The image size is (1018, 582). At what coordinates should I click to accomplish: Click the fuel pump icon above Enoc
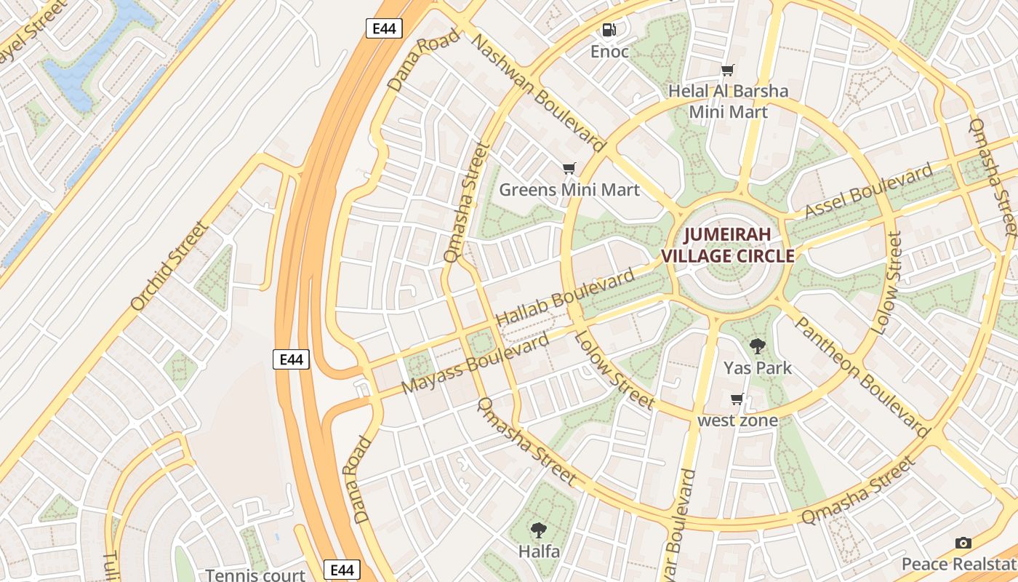609,30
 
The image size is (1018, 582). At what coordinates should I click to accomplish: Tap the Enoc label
609,52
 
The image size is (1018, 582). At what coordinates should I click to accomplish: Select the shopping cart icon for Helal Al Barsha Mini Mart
727,71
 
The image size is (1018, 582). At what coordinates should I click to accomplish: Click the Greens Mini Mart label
569,190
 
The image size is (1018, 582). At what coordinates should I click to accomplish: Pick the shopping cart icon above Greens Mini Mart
569,169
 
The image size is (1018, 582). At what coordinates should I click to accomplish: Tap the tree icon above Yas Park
757,346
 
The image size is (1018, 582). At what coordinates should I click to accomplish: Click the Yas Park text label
757,367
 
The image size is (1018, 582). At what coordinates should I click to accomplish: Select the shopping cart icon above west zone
737,399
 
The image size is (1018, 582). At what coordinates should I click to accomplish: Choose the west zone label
737,420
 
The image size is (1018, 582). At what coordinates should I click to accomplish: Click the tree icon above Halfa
539,530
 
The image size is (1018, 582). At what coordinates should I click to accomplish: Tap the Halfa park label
539,551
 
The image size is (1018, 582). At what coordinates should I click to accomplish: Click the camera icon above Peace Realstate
963,543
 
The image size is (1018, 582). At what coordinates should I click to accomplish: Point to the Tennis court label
255,575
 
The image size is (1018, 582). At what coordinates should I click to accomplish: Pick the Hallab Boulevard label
564,298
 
